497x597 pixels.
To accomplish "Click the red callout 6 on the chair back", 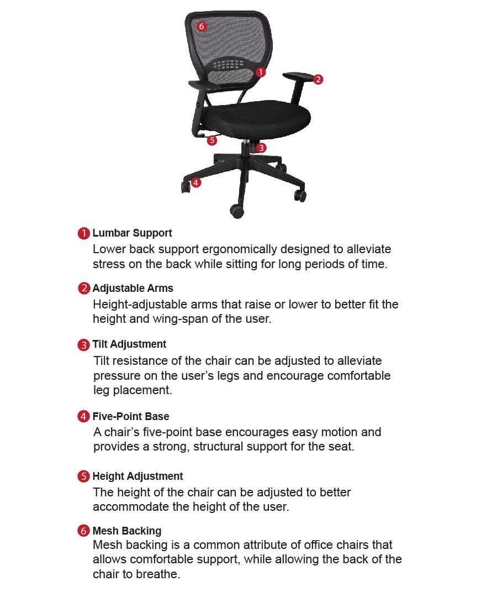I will click(202, 26).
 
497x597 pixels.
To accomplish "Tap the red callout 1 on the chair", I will click(261, 72).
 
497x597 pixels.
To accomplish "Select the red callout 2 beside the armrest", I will click(318, 80).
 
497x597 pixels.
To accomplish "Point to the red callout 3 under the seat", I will click(261, 148).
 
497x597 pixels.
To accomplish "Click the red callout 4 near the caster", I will click(195, 182).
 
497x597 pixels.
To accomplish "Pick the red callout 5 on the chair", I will click(212, 140).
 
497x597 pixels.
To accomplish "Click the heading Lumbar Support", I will click(132, 233).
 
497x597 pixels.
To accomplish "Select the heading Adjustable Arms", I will click(133, 289).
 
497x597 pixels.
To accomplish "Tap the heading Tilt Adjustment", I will click(129, 344).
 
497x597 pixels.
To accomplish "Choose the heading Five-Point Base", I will click(131, 417).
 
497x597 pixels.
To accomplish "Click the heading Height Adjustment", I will click(138, 476).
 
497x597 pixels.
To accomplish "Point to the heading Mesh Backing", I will click(127, 531).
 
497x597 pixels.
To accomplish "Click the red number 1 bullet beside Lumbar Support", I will click(83, 233).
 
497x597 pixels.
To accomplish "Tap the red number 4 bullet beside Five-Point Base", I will click(83, 417).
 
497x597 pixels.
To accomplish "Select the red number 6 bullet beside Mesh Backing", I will click(83, 531).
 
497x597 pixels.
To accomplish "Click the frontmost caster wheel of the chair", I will click(237, 211).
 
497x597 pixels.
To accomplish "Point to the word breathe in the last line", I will click(160, 574).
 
